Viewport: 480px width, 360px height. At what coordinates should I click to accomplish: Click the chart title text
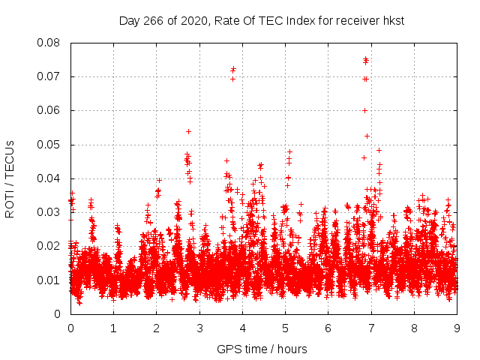[262, 21]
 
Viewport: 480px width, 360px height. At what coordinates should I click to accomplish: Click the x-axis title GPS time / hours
[262, 349]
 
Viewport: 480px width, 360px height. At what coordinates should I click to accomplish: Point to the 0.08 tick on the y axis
[50, 43]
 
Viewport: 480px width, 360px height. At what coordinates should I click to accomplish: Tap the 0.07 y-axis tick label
[50, 76]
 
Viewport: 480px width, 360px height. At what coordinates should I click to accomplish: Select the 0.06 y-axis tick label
[50, 110]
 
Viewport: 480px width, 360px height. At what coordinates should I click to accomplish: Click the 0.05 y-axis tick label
[50, 145]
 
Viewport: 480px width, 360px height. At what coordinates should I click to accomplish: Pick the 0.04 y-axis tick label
[50, 178]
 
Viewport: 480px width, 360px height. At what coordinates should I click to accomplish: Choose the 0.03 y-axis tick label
[50, 212]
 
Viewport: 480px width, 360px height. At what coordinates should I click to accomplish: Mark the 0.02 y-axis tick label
[50, 246]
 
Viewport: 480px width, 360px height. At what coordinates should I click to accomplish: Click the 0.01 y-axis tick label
[50, 280]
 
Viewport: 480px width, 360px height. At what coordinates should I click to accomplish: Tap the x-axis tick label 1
[113, 328]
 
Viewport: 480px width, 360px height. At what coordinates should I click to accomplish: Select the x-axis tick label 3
[199, 328]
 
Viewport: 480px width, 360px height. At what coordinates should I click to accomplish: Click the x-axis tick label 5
[285, 328]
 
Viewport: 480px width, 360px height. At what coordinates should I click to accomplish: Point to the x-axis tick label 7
[371, 328]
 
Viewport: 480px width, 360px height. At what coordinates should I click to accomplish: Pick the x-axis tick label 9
[457, 328]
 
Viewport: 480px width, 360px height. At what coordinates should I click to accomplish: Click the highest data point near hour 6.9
[365, 59]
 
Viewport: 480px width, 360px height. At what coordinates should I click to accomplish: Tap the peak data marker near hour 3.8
[233, 69]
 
